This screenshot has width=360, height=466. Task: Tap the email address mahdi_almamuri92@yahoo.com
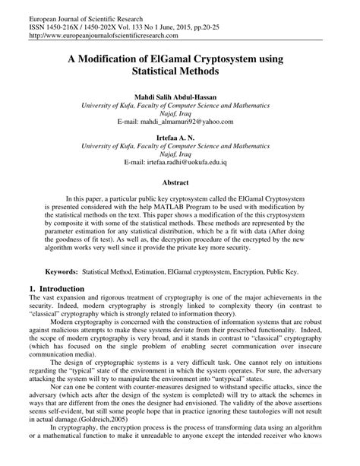(180, 121)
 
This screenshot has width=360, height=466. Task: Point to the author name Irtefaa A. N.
(180, 139)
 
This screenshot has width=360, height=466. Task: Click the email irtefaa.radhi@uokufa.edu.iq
(180, 162)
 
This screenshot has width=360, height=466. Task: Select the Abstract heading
(180, 182)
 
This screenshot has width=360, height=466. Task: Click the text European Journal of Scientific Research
(62, 14)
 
